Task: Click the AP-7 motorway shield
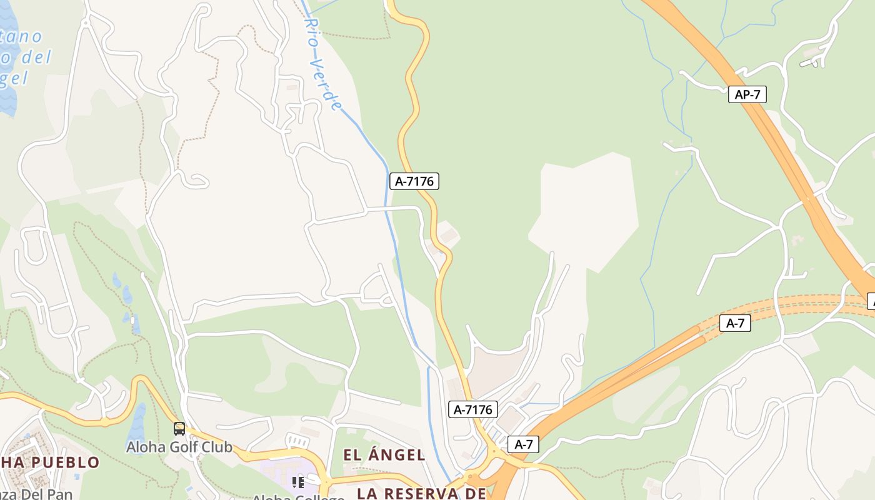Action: coord(747,94)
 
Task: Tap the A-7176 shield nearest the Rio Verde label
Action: coord(414,181)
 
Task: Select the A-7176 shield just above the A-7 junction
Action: coord(472,409)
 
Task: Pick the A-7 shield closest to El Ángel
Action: coord(523,444)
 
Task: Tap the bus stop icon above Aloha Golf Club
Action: coord(179,429)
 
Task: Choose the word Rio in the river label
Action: coord(311,31)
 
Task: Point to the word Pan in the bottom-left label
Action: coord(59,494)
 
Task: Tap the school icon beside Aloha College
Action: coord(298,482)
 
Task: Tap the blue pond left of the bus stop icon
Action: coord(136,422)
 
